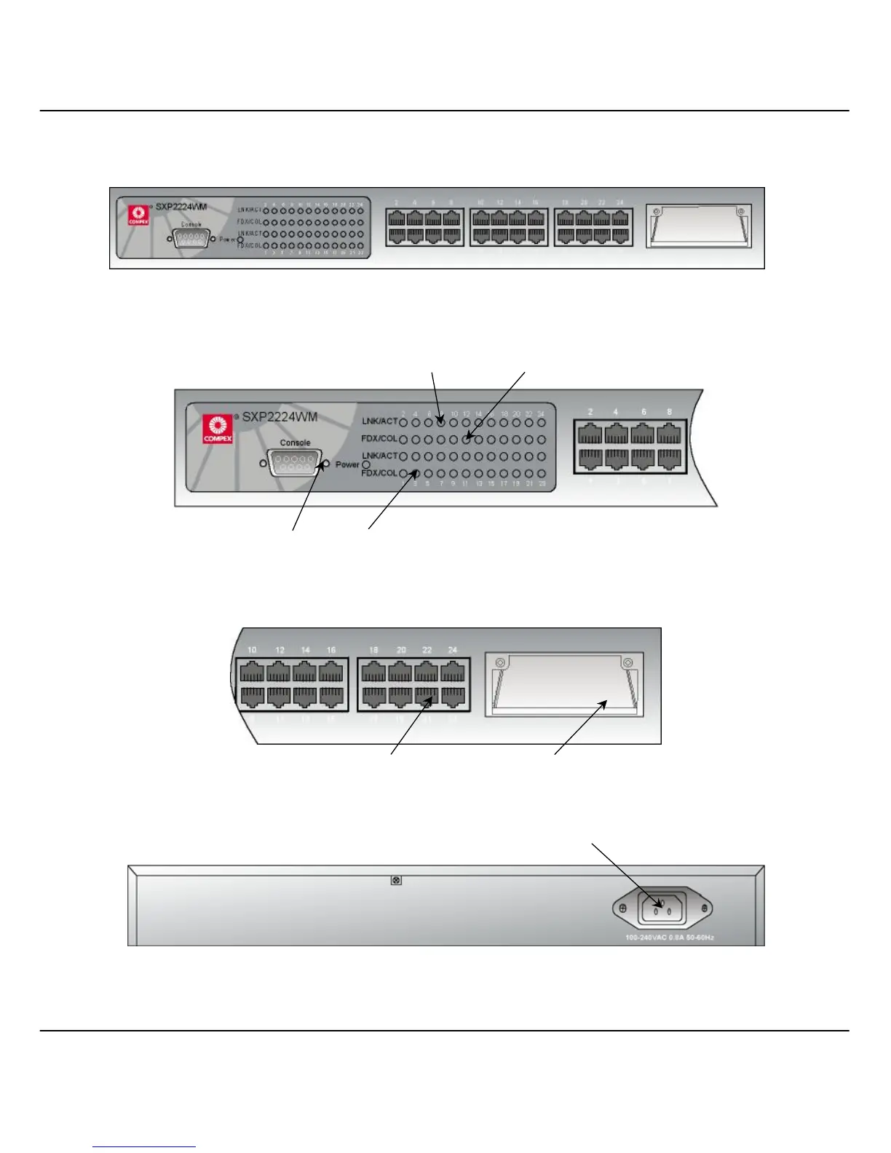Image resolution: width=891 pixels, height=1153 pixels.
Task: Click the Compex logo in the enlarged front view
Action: coord(218,428)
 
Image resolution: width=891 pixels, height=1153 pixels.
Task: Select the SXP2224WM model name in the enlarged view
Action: coord(280,417)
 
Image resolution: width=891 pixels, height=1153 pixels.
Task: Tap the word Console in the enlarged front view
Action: coord(295,443)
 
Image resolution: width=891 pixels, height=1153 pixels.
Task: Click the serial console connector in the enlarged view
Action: coord(294,463)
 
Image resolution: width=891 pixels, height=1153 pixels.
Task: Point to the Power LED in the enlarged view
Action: coord(366,464)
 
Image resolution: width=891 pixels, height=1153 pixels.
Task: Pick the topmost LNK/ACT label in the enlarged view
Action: coord(379,421)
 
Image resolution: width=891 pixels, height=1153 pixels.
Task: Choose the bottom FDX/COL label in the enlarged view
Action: coord(379,473)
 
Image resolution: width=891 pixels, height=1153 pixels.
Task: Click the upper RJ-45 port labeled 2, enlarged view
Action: coord(590,434)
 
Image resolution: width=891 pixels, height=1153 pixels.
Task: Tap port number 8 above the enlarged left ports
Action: coord(669,412)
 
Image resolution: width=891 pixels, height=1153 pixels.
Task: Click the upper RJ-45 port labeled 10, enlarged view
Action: coord(252,671)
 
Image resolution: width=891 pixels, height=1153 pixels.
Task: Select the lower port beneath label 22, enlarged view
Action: coord(426,696)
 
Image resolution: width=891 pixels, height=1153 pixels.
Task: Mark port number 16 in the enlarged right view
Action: coord(331,650)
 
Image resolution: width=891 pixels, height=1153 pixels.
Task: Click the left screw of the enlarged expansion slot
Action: coord(500,663)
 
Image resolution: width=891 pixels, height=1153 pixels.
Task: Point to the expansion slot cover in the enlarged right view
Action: coord(563,684)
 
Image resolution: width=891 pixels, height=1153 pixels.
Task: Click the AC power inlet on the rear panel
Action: coord(662,907)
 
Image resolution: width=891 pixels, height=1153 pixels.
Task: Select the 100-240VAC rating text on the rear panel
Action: coord(669,938)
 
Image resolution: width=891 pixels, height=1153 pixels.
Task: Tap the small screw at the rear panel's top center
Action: coord(396,881)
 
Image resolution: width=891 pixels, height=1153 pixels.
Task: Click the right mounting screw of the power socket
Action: coord(704,908)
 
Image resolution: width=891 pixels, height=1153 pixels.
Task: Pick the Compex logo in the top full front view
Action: coord(138,215)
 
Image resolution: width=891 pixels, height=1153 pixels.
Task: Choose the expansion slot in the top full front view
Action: coord(698,226)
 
